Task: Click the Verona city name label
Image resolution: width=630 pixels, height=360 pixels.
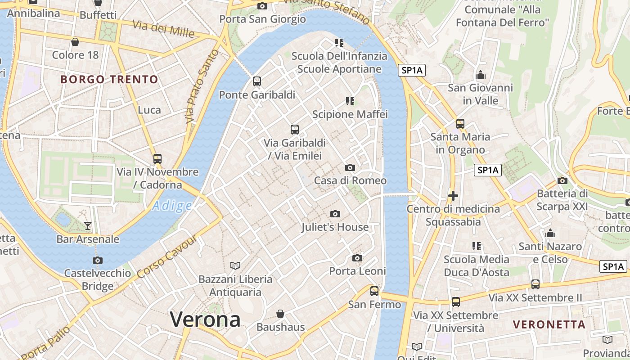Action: point(205,319)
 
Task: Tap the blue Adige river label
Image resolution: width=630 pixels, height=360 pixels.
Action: point(172,206)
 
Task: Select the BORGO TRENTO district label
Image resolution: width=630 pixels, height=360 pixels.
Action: point(109,80)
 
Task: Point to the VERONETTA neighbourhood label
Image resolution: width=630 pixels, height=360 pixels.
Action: point(549,324)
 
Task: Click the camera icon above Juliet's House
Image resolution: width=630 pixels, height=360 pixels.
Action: point(335,214)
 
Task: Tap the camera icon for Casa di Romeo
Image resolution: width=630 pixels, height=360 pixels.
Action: point(350,168)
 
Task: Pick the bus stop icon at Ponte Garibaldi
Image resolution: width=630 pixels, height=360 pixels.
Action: point(257,81)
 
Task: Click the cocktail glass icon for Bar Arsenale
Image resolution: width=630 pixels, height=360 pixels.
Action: point(88,226)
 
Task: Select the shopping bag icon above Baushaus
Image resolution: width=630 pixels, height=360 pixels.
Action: point(280,314)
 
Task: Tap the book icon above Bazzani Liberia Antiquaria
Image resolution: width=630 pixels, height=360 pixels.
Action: point(235,265)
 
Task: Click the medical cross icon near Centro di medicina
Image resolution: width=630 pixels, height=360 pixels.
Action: point(453,196)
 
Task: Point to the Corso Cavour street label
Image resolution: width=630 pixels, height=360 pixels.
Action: point(167,257)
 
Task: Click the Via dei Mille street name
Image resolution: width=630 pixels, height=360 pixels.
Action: point(163,29)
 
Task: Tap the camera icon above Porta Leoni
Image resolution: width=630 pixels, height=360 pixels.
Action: point(357,258)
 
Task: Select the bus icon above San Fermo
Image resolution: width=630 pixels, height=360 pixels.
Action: point(374,291)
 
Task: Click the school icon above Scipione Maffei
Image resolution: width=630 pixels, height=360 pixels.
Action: point(350,101)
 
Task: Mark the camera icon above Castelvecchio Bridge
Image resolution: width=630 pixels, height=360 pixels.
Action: point(97,260)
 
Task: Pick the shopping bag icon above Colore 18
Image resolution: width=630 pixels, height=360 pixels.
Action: point(75,42)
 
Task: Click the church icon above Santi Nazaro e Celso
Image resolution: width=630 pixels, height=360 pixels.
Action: point(550,234)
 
